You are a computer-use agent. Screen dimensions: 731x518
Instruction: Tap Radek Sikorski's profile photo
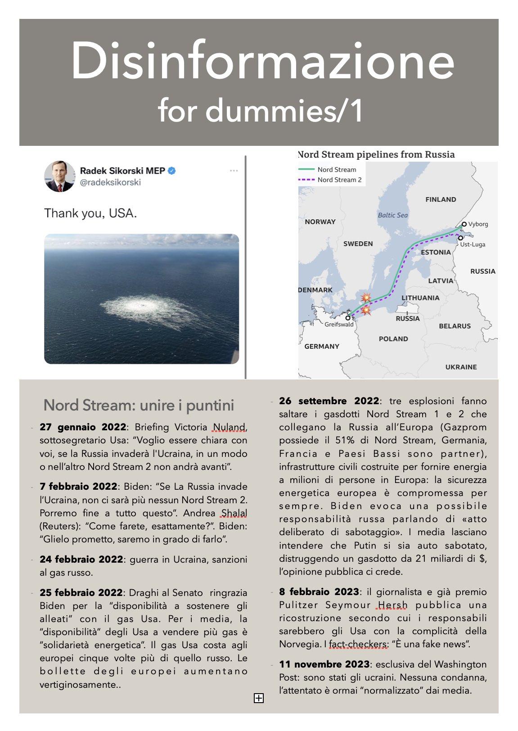pyautogui.click(x=59, y=176)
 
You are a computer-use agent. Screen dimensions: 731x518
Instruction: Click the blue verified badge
pyautogui.click(x=172, y=171)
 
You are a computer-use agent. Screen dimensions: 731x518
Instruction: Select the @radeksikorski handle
pyautogui.click(x=110, y=182)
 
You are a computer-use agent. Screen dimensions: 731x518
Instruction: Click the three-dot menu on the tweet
pyautogui.click(x=234, y=171)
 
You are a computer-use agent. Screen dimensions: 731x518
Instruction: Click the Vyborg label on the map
pyautogui.click(x=477, y=224)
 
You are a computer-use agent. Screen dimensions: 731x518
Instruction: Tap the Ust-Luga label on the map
pyautogui.click(x=472, y=244)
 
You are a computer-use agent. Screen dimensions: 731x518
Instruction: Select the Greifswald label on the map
pyautogui.click(x=339, y=324)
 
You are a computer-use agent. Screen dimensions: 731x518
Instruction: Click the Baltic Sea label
pyautogui.click(x=392, y=215)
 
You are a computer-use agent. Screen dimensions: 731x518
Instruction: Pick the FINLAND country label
pyautogui.click(x=441, y=199)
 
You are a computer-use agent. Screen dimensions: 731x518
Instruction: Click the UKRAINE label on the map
pyautogui.click(x=461, y=367)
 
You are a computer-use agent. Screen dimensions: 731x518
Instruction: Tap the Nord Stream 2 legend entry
pyautogui.click(x=339, y=180)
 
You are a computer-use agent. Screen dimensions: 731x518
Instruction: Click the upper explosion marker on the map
pyautogui.click(x=367, y=298)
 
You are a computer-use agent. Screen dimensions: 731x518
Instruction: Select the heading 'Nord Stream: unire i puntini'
pyautogui.click(x=139, y=405)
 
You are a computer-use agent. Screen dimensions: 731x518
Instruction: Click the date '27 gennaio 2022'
pyautogui.click(x=82, y=427)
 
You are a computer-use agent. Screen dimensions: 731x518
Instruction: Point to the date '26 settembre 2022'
pyautogui.click(x=329, y=401)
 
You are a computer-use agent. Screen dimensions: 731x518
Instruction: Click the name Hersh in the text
pyautogui.click(x=392, y=605)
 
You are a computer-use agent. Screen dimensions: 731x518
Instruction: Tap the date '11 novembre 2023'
pyautogui.click(x=324, y=664)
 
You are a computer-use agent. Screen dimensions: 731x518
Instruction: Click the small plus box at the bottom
pyautogui.click(x=259, y=698)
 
